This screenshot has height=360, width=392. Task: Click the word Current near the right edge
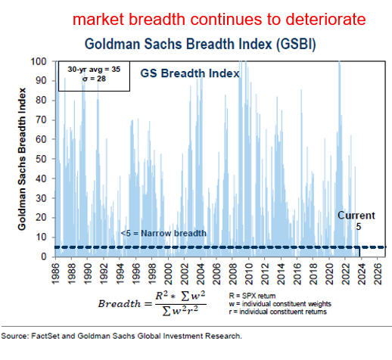(x=356, y=216)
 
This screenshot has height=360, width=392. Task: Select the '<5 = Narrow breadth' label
(x=162, y=233)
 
